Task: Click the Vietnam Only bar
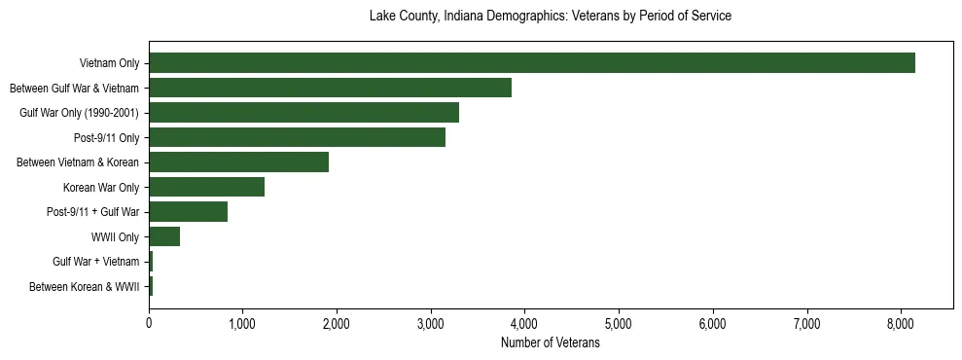click(x=531, y=63)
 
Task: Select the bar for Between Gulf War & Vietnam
click(x=330, y=88)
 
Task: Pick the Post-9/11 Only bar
click(x=297, y=137)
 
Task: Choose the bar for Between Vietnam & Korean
click(x=238, y=162)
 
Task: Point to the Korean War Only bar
click(x=206, y=187)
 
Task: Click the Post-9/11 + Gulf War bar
click(x=188, y=212)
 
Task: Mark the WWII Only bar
click(x=164, y=236)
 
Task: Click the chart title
click(x=551, y=17)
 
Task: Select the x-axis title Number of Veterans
click(x=551, y=343)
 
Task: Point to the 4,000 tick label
click(x=524, y=324)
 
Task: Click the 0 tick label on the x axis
click(x=149, y=324)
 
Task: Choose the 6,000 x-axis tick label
click(x=713, y=324)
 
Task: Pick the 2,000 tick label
click(x=337, y=324)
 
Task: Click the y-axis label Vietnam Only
click(x=109, y=64)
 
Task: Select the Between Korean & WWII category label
click(x=85, y=287)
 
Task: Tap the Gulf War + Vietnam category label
click(x=96, y=262)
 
